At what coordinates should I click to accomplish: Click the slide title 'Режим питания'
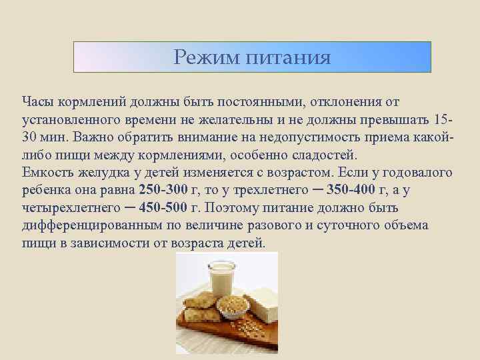pos(251,57)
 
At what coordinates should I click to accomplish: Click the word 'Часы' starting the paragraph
pos(37,101)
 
